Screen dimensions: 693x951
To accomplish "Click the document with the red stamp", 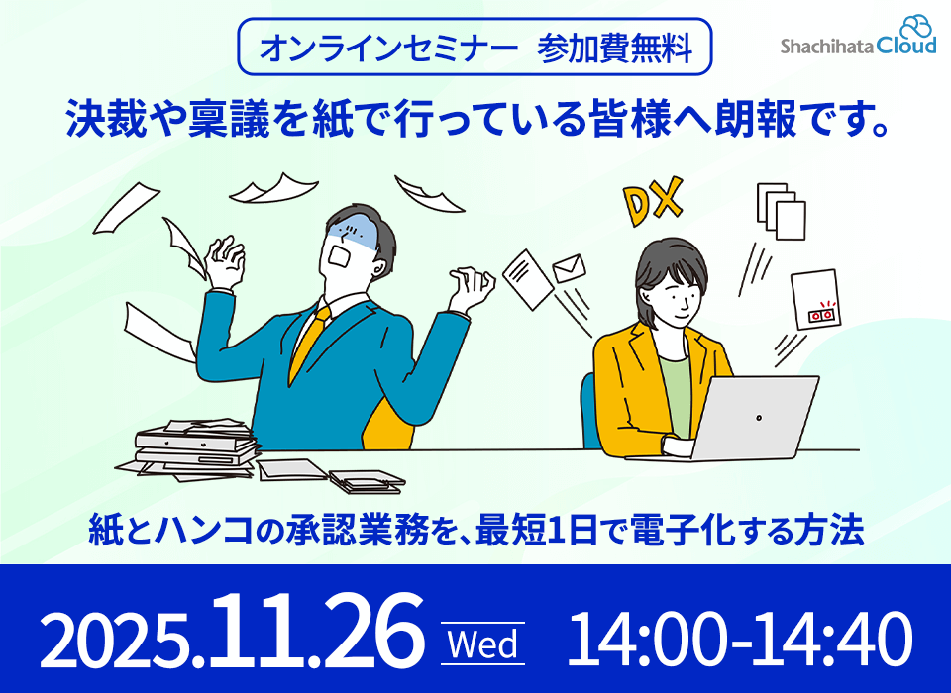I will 816,300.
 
